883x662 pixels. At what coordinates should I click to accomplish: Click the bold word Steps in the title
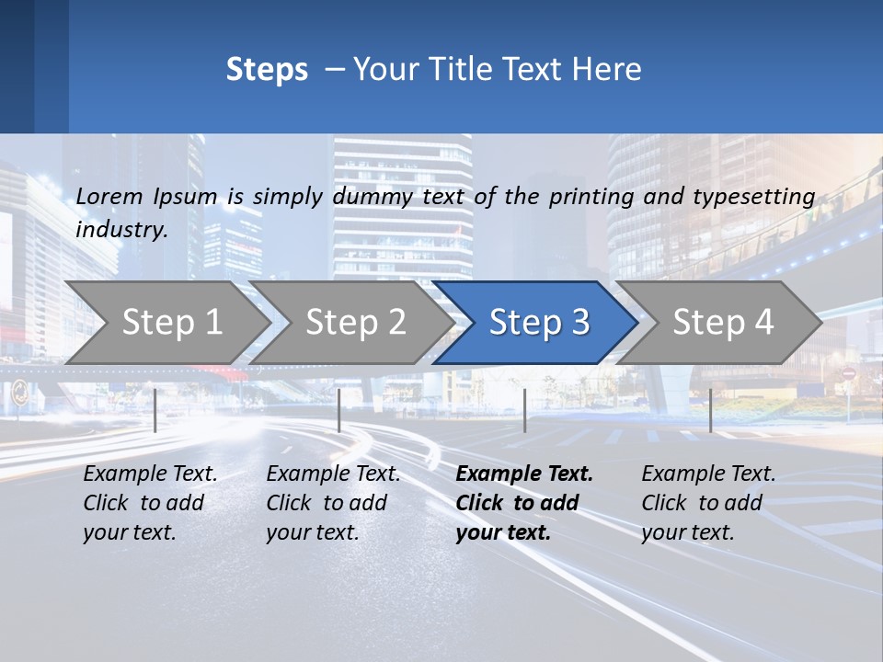click(x=267, y=70)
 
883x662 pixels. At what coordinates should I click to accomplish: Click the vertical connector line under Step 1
click(x=155, y=410)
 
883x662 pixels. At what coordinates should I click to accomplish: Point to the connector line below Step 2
click(x=339, y=410)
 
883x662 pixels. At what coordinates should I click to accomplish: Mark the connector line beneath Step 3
click(x=525, y=410)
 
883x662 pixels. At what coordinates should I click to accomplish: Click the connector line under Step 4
click(x=710, y=410)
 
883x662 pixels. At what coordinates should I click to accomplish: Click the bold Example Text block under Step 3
click(x=524, y=503)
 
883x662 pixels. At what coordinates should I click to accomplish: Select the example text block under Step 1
click(x=150, y=503)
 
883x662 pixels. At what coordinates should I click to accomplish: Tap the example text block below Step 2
click(x=333, y=503)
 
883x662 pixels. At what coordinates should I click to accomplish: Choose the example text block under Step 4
click(x=708, y=503)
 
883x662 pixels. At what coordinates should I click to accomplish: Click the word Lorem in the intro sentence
click(x=109, y=196)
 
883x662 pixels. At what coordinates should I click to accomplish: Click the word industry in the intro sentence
click(x=120, y=229)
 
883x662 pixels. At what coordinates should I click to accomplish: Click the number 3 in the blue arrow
click(x=579, y=322)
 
